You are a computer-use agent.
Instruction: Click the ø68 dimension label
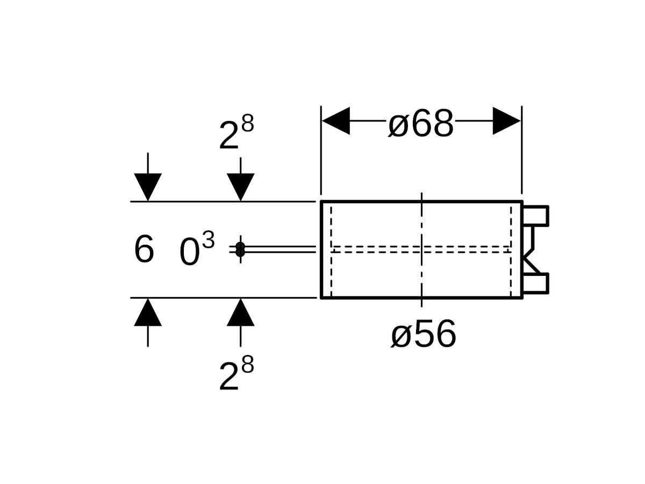point(421,124)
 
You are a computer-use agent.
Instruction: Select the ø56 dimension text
point(424,334)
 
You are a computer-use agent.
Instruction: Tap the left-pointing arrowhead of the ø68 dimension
point(336,121)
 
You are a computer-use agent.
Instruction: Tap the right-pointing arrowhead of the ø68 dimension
point(506,121)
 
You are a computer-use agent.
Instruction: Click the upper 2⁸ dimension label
point(236,134)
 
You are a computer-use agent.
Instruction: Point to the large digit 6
point(144,250)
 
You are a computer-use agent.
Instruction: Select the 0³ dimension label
point(197,250)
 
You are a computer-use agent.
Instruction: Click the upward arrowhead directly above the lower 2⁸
point(240,312)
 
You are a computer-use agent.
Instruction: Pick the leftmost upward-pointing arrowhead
point(148,312)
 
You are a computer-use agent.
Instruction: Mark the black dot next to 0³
point(240,249)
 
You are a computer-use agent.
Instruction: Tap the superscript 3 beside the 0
point(209,241)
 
